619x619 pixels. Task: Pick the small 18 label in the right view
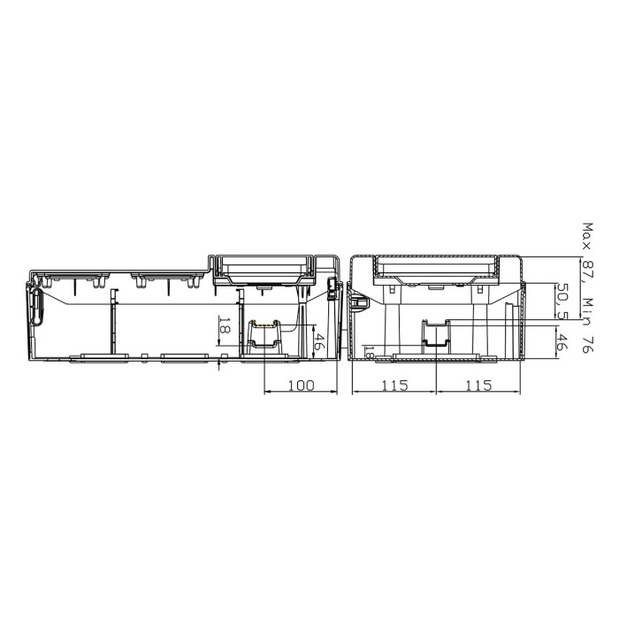(x=370, y=353)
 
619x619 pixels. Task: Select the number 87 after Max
(x=587, y=271)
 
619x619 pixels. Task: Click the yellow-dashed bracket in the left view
(x=264, y=335)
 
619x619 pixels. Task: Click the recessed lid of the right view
(x=435, y=266)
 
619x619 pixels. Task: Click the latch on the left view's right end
(x=332, y=285)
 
